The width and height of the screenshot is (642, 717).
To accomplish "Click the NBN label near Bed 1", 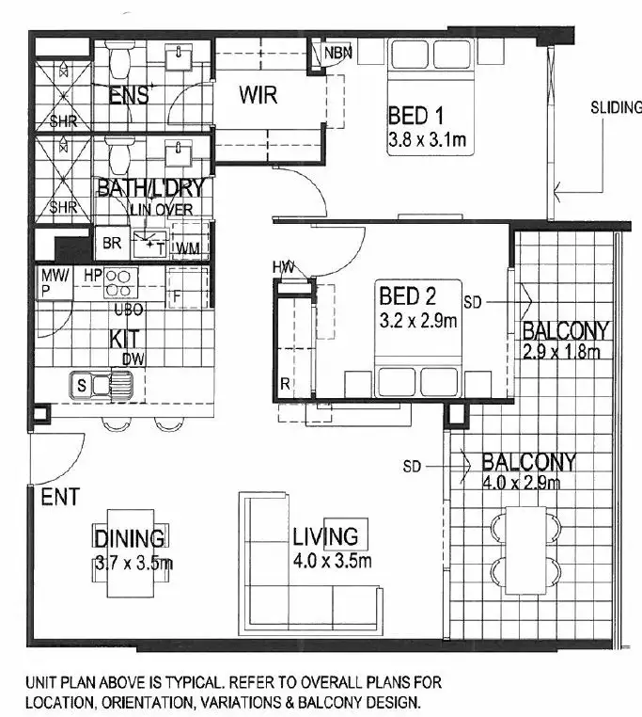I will (x=337, y=53).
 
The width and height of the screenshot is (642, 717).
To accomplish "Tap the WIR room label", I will (x=257, y=95).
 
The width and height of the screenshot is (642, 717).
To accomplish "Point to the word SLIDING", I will (x=616, y=107).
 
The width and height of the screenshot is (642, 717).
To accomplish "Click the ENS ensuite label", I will (x=128, y=94).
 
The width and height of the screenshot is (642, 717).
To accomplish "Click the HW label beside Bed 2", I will (x=284, y=267).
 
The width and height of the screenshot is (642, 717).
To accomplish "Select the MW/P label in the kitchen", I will (x=53, y=282).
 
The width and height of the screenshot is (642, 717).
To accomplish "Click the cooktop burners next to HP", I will (x=121, y=282).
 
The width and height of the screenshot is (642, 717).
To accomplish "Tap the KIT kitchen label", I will (x=125, y=338).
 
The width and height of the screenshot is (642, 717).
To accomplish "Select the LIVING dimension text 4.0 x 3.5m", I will (x=332, y=562).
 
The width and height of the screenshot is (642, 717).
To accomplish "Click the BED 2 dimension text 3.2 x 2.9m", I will (x=417, y=321).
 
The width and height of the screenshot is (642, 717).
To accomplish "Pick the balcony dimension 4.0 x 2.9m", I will (x=521, y=484).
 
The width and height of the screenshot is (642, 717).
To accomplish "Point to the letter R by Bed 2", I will (x=285, y=384).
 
